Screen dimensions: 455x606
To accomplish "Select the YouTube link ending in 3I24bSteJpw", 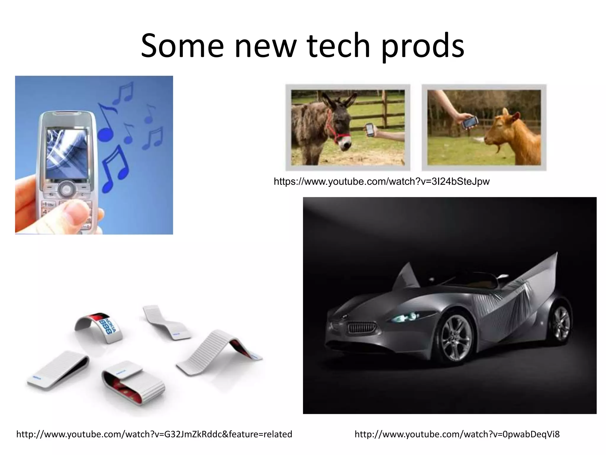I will pos(381,181).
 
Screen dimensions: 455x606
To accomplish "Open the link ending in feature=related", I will pos(154,434).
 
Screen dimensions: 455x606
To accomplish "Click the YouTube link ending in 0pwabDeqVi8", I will pos(457,434).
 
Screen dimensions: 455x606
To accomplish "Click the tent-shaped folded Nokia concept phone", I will pos(219,350).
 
